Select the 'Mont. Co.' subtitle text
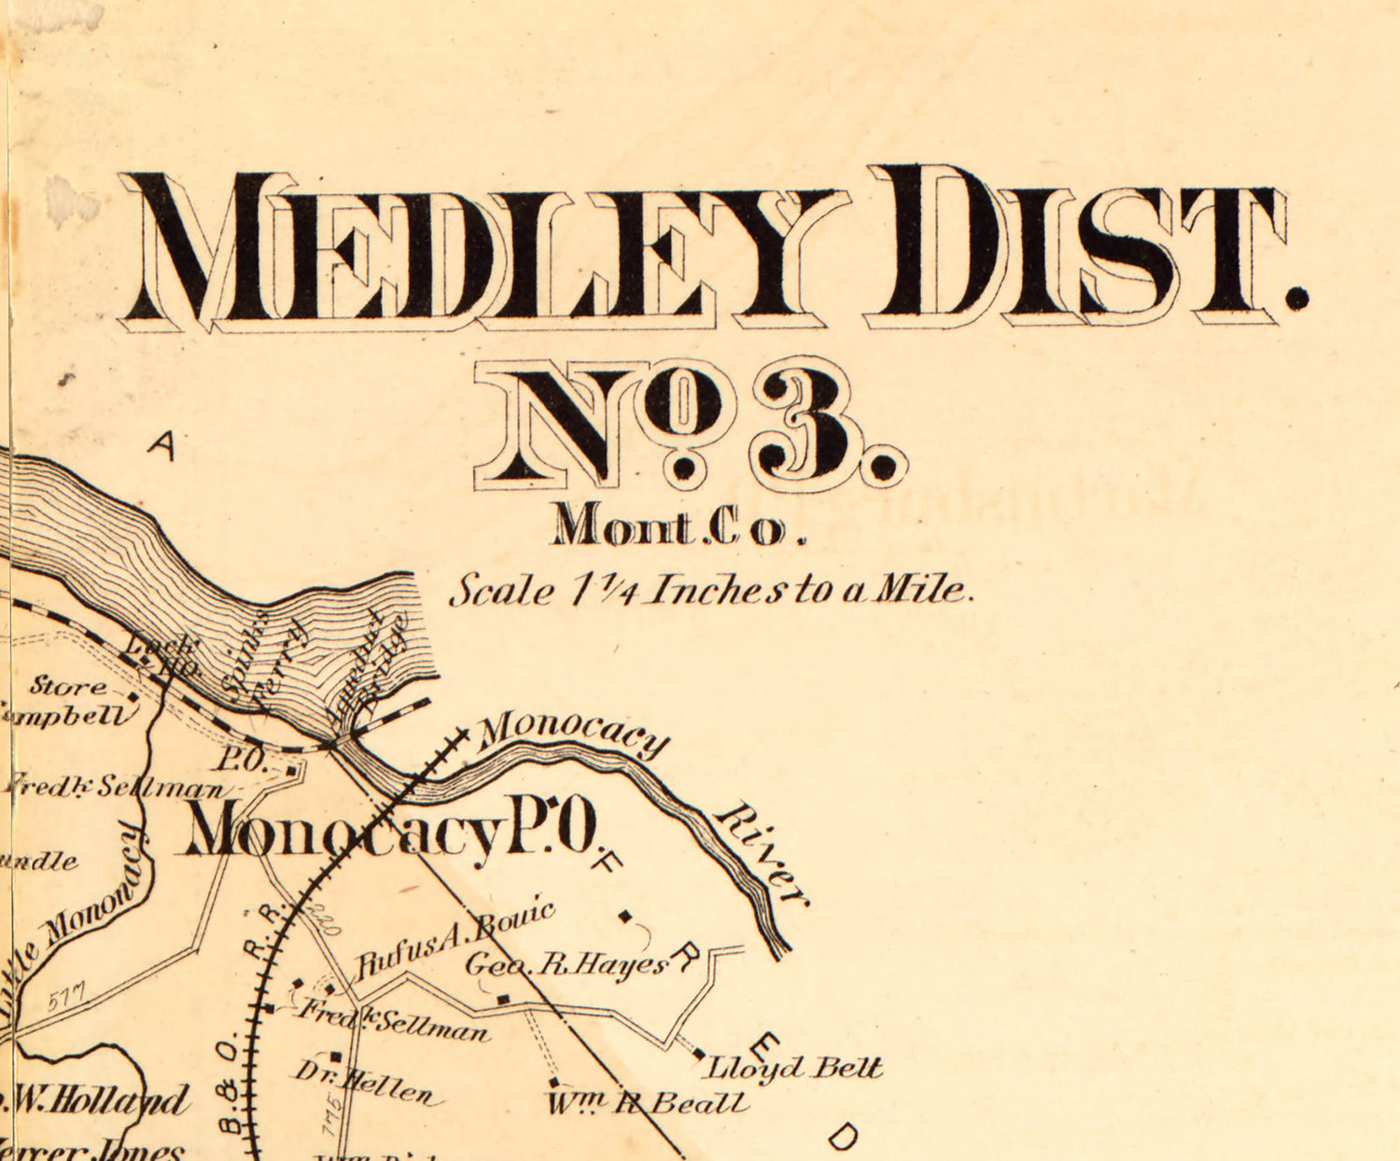coord(677,526)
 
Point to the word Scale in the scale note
coord(500,592)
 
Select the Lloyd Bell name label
coord(793,1067)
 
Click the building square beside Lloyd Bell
coord(700,1055)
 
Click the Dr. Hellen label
coord(364,1082)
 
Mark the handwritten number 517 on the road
coord(66,997)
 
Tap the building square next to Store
coord(133,696)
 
